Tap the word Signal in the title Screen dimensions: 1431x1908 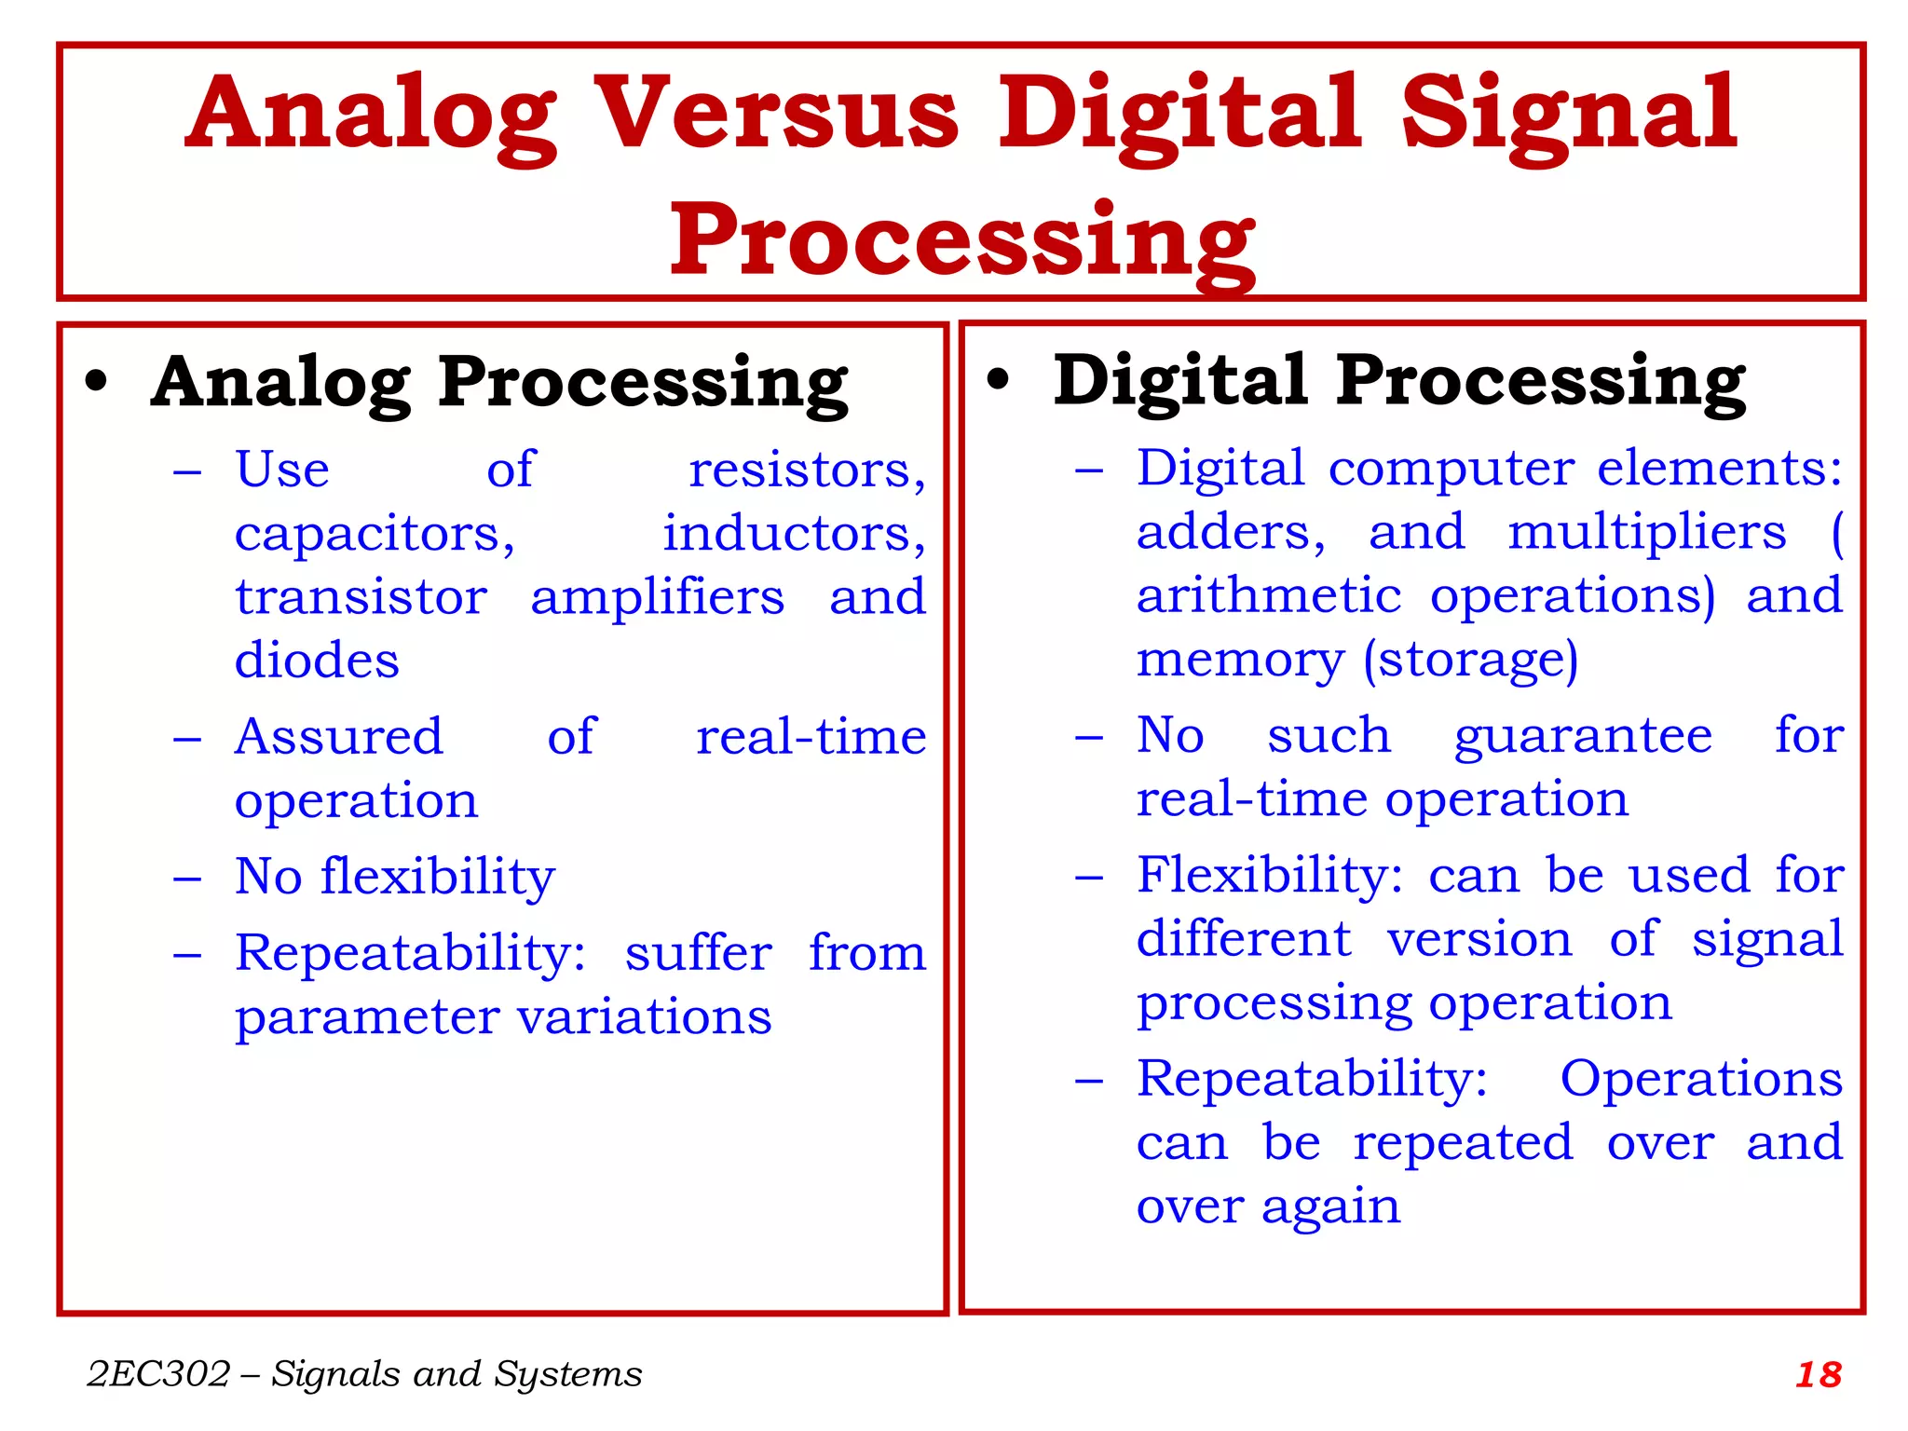click(1568, 114)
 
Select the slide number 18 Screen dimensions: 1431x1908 click(1818, 1375)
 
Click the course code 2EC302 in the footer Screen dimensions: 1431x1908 click(157, 1374)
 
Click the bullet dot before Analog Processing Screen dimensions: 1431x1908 click(96, 382)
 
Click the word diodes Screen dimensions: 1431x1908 click(317, 661)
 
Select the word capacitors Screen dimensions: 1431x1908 click(374, 534)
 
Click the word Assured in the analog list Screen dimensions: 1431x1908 click(338, 737)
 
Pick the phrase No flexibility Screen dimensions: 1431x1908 click(394, 877)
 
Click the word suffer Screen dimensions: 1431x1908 click(698, 953)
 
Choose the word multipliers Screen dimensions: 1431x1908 click(1646, 533)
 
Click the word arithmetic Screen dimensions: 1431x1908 click(1268, 596)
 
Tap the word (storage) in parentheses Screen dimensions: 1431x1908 click(1470, 661)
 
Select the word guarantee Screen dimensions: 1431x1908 click(1583, 736)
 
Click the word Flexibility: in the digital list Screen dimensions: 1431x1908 click(1269, 876)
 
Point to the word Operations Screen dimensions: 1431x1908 click(1701, 1079)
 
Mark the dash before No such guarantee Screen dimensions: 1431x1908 click(1088, 738)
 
